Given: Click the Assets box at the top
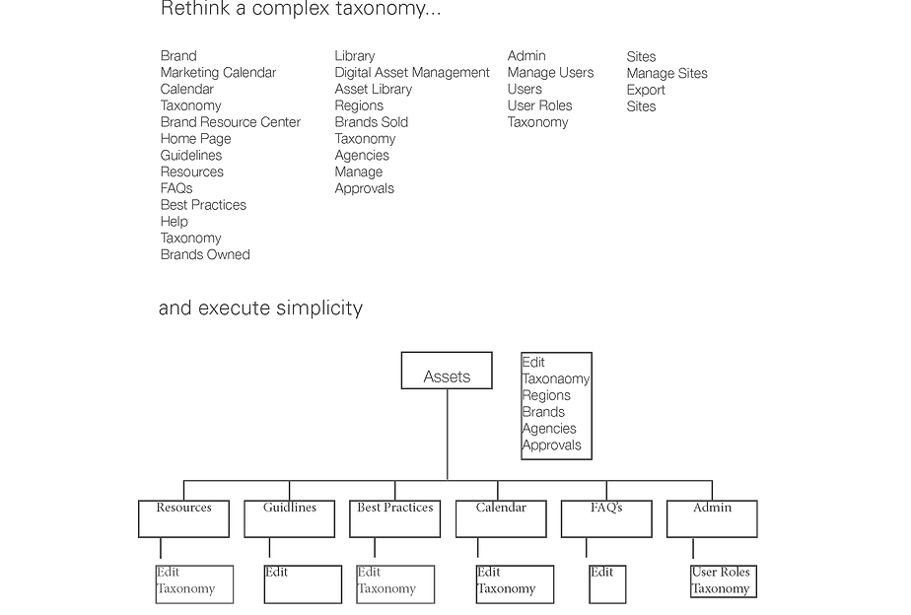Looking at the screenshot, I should [x=447, y=372].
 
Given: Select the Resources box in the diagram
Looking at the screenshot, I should [x=183, y=518].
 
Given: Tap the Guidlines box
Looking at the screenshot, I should [x=289, y=518].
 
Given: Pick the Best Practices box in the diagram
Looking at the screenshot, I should [x=394, y=518].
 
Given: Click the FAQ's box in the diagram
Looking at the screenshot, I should [x=606, y=518].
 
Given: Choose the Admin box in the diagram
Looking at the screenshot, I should [x=712, y=518].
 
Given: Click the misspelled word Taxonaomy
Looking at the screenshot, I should [x=556, y=379].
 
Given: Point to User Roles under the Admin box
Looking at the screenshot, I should [x=721, y=573].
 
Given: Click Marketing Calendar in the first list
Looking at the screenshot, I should [x=218, y=73].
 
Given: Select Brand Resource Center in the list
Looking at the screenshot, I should [x=231, y=122].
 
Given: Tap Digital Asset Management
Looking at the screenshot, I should [x=412, y=73].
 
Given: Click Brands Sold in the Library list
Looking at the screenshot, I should [x=371, y=122].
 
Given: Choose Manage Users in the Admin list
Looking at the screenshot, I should [x=550, y=73].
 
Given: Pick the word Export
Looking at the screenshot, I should [x=646, y=90].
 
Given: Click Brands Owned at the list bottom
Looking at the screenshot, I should [x=205, y=254].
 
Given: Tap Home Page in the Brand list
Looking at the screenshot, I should [x=195, y=139].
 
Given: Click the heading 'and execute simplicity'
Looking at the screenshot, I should [x=260, y=308].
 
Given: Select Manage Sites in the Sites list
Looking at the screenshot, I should [x=666, y=73].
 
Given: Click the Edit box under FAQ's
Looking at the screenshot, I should [x=607, y=583].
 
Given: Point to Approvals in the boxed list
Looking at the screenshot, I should [x=551, y=445].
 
